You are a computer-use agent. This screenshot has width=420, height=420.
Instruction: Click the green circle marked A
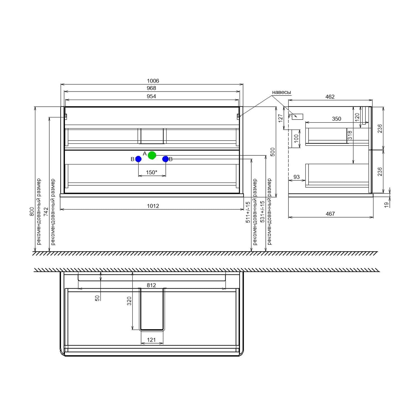pyautogui.click(x=152, y=155)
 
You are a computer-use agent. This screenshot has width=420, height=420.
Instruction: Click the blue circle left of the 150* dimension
pyautogui.click(x=138, y=159)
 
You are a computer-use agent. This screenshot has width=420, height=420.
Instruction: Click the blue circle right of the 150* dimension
pyautogui.click(x=165, y=159)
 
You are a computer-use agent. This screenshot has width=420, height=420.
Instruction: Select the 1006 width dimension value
pyautogui.click(x=153, y=81)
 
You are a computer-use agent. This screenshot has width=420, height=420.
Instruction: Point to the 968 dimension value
pyautogui.click(x=151, y=88)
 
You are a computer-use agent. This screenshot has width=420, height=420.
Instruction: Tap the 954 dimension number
pyautogui.click(x=151, y=96)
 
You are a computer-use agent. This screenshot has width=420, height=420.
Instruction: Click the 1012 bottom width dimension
pyautogui.click(x=153, y=206)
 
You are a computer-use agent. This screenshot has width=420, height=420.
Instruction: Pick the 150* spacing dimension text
pyautogui.click(x=151, y=172)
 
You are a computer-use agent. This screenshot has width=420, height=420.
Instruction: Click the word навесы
pyautogui.click(x=281, y=92)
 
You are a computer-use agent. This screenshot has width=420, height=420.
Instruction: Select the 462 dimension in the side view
pyautogui.click(x=330, y=97)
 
